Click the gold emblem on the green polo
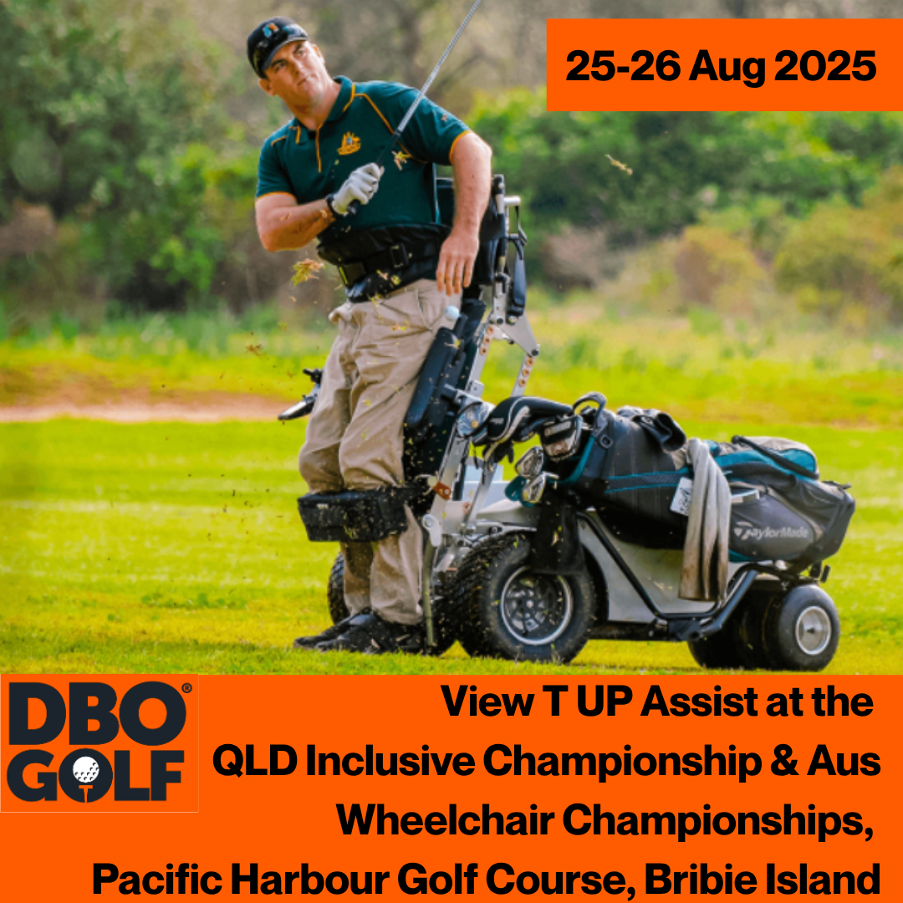click(349, 144)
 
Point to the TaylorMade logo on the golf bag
click(771, 533)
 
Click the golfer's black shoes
click(356, 634)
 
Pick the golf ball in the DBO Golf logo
click(86, 770)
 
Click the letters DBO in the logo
click(98, 713)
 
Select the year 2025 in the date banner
click(825, 66)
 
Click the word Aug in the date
click(727, 68)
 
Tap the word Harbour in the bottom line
click(310, 880)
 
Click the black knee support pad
click(354, 513)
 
